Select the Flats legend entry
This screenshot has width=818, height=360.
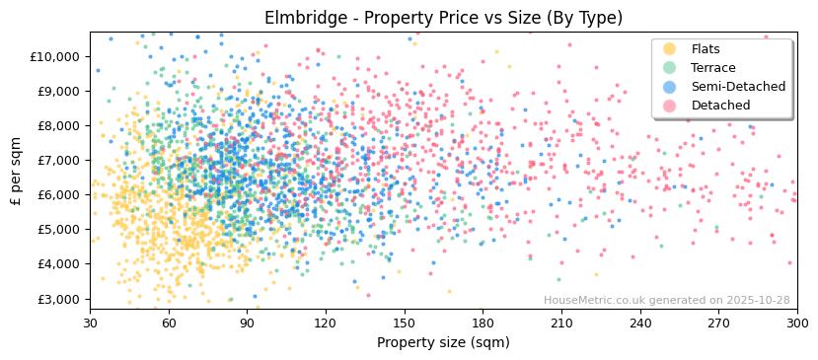(705, 49)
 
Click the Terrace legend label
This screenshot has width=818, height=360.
(712, 68)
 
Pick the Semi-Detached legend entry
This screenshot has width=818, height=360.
(737, 87)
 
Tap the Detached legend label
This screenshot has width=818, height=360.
(719, 106)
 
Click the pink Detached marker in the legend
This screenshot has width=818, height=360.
(670, 106)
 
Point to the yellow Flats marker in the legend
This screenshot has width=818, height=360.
(670, 49)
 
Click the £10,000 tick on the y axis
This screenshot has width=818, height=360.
(54, 56)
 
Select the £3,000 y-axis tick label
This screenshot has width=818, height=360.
(57, 299)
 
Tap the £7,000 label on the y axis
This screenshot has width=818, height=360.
(57, 160)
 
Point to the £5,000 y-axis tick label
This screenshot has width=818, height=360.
(57, 230)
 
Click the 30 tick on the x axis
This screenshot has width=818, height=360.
(90, 323)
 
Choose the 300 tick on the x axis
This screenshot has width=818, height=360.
(797, 323)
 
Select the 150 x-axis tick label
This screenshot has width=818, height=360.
(404, 323)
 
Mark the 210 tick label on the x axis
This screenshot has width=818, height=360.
(561, 323)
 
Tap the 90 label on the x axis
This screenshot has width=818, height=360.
(247, 323)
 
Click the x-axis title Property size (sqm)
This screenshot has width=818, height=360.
(443, 342)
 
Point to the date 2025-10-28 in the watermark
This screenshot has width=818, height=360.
(759, 301)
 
